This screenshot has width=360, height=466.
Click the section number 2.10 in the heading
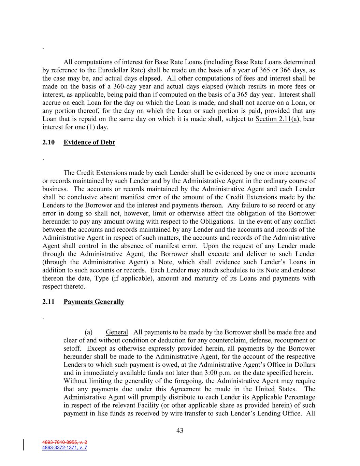pyautogui.click(x=48, y=142)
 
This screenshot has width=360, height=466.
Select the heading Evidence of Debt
pyautogui.click(x=89, y=142)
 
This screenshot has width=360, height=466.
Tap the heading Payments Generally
pyautogui.click(x=94, y=302)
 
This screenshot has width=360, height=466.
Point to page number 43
pyautogui.click(x=180, y=430)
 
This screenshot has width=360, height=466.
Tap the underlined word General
pyautogui.click(x=117, y=332)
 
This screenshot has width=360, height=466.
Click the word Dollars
pyautogui.click(x=304, y=365)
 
